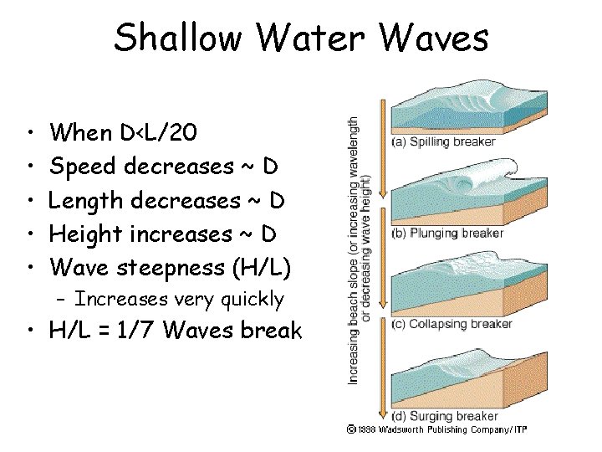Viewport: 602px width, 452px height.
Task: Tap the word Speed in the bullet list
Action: [x=84, y=167]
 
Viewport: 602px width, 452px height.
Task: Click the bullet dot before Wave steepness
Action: [x=29, y=270]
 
